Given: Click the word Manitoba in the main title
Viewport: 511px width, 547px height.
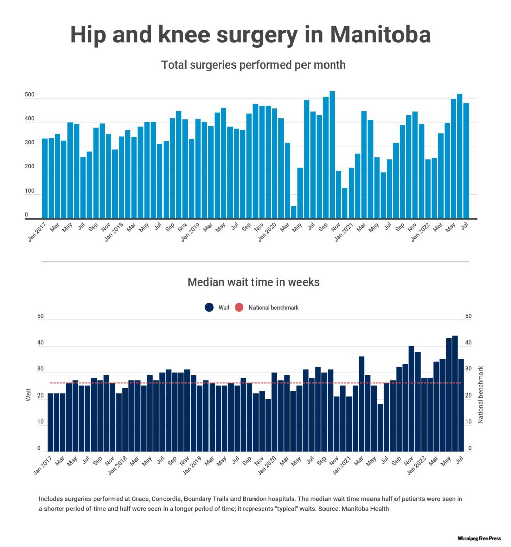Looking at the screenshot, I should pyautogui.click(x=380, y=35).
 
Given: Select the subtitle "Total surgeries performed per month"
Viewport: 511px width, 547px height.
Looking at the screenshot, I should pyautogui.click(x=253, y=65).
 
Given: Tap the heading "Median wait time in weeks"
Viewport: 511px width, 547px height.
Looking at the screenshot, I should pyautogui.click(x=253, y=282).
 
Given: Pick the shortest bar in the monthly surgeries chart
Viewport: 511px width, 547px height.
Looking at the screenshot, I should pyautogui.click(x=294, y=212).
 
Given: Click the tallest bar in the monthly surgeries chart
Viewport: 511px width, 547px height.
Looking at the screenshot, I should pyautogui.click(x=332, y=155).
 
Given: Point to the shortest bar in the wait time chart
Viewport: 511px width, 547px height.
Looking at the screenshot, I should pyautogui.click(x=380, y=428).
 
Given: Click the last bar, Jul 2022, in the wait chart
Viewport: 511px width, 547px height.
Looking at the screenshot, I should pyautogui.click(x=461, y=405).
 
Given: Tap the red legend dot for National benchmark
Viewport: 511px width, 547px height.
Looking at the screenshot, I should pyautogui.click(x=239, y=308).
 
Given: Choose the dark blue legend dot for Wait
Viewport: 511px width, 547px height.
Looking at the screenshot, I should pyautogui.click(x=209, y=308).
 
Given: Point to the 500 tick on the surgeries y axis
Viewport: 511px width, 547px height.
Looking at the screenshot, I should pyautogui.click(x=29, y=95).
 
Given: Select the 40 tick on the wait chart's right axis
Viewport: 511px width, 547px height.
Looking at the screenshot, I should pyautogui.click(x=468, y=343).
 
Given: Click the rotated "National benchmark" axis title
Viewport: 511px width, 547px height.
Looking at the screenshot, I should pyautogui.click(x=480, y=394).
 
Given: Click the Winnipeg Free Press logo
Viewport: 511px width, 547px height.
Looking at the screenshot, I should pyautogui.click(x=479, y=539).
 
